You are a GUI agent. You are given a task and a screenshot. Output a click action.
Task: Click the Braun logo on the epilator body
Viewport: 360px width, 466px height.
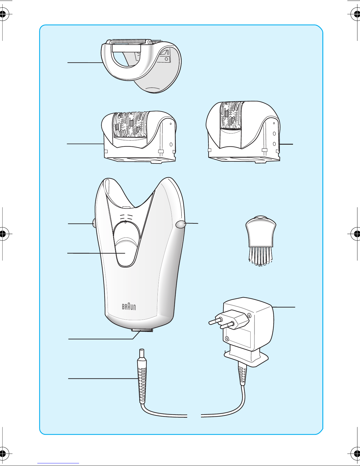pos(129,307)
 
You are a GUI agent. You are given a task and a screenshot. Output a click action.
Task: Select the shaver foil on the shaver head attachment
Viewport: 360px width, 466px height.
pos(128,41)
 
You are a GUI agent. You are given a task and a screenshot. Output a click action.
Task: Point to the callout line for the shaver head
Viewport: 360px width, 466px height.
pos(85,62)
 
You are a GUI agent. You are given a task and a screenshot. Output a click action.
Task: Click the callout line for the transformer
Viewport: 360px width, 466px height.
pos(284,307)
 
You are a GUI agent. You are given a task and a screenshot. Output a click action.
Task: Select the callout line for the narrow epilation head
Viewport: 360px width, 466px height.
pos(286,144)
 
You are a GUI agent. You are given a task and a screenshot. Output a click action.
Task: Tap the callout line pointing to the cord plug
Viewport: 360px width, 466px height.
pos(103,378)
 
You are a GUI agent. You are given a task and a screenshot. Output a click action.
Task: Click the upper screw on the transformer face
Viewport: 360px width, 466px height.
pos(249,315)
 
